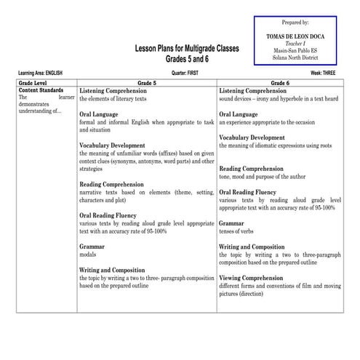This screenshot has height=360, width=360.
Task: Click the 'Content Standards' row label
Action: pos(41,90)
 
